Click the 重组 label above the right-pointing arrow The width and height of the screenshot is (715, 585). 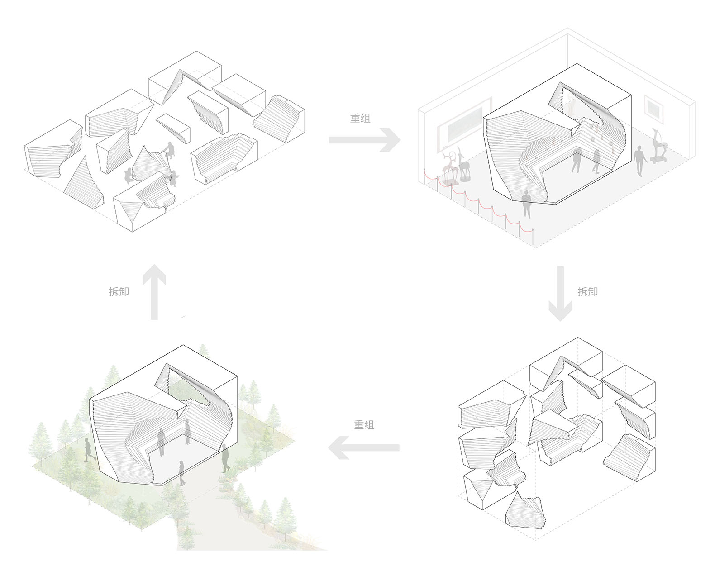click(360, 118)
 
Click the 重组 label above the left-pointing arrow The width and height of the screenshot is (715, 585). click(364, 425)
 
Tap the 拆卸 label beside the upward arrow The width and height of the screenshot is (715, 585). click(119, 291)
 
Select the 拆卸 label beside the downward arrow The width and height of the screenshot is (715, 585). click(587, 291)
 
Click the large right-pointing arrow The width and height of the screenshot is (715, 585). click(365, 140)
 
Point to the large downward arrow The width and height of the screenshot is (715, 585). click(560, 293)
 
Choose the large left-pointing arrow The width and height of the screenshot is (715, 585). click(363, 448)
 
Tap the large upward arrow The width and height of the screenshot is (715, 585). click(154, 292)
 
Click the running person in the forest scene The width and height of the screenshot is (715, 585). click(89, 450)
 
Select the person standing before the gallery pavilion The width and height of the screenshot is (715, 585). click(526, 204)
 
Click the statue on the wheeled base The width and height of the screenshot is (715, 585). click(659, 147)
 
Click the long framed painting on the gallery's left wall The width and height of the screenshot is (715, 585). click(464, 125)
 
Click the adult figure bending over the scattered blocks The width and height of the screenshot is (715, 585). click(169, 151)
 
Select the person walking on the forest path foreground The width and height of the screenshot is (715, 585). click(182, 473)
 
